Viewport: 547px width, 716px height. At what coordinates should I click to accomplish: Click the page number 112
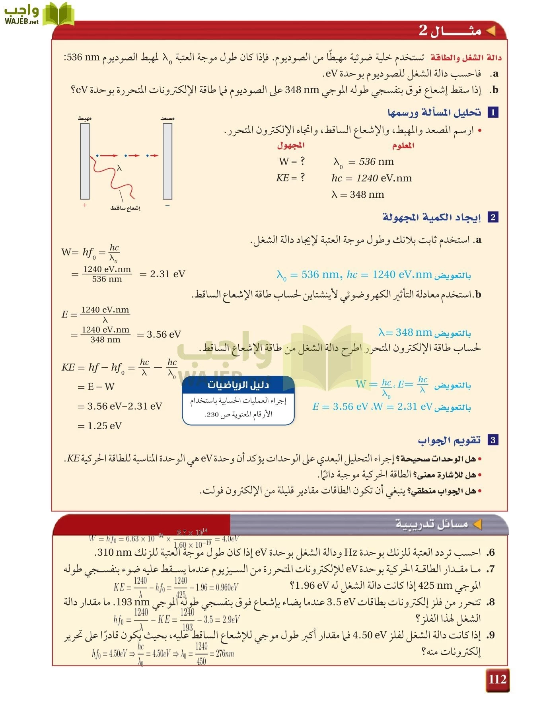click(x=497, y=679)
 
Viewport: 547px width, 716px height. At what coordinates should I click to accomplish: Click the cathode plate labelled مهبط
click(x=85, y=161)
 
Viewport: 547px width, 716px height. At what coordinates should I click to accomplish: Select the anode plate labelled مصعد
click(x=167, y=161)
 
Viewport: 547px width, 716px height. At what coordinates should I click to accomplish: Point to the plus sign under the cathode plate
click(x=85, y=205)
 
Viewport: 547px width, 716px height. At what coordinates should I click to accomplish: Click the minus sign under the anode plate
click(x=167, y=205)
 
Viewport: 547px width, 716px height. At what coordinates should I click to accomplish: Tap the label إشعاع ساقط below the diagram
click(x=125, y=208)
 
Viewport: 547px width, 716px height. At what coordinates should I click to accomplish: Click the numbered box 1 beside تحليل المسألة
click(x=492, y=113)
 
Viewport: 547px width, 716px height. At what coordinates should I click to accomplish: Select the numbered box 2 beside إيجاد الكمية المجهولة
click(x=492, y=217)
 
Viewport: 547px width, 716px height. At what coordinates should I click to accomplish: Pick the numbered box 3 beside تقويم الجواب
click(x=492, y=440)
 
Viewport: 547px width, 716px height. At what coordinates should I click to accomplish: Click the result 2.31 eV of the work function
click(x=167, y=274)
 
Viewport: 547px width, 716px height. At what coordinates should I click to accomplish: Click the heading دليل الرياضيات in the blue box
click(x=238, y=385)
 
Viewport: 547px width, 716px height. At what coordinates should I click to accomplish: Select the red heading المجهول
click(x=291, y=146)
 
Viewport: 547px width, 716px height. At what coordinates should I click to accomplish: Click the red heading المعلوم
click(x=403, y=146)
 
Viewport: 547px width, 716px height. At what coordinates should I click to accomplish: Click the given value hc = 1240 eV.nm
click(x=372, y=178)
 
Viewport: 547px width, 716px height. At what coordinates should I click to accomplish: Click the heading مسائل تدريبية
click(x=432, y=524)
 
